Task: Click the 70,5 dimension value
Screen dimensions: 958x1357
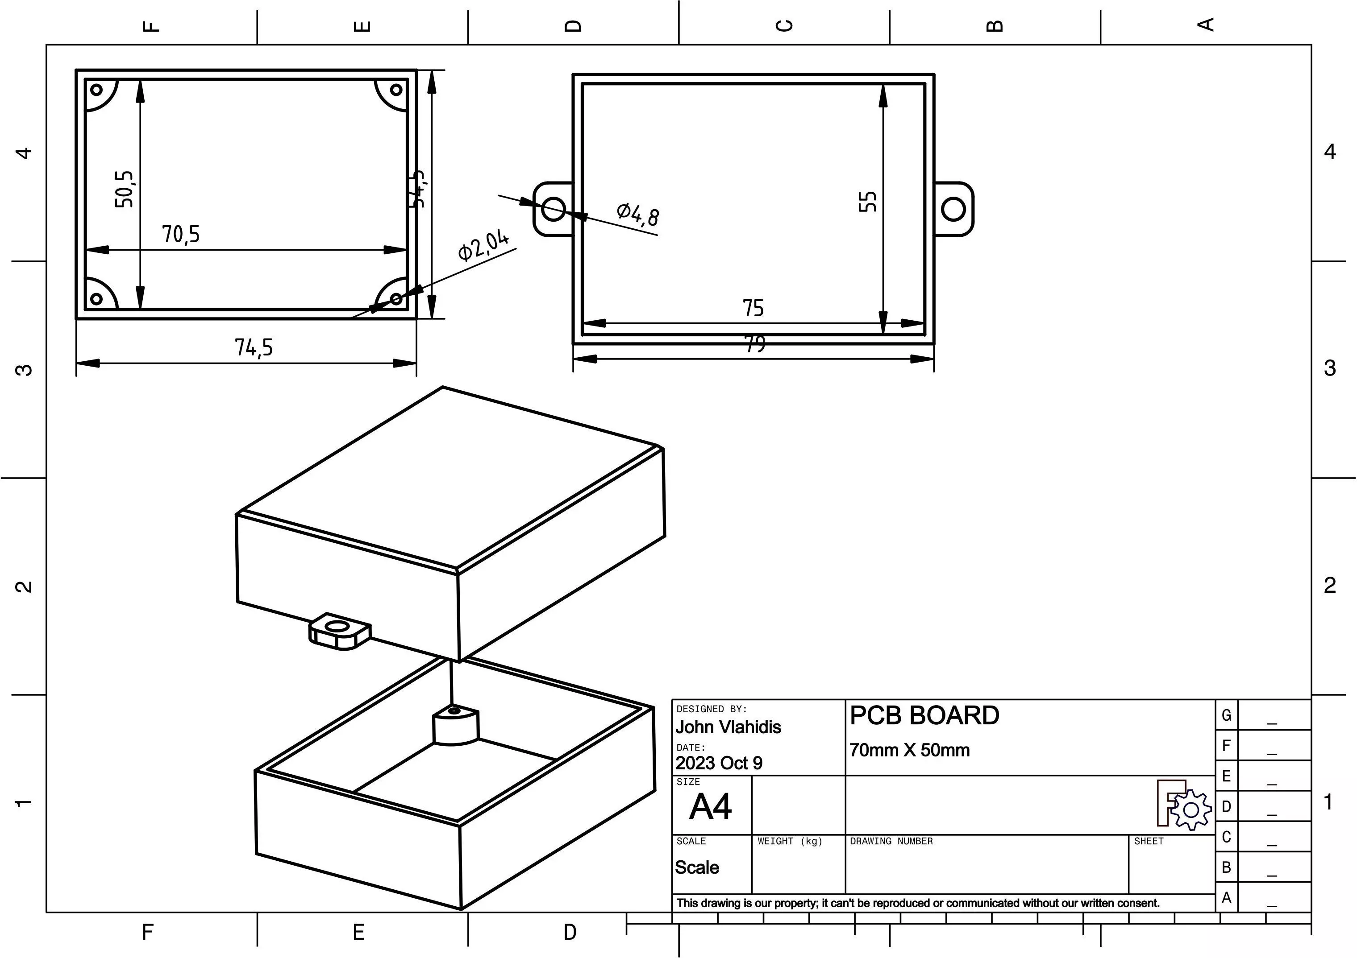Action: (x=181, y=235)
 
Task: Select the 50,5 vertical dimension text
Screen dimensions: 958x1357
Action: (x=125, y=189)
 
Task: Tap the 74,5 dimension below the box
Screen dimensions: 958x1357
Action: (x=254, y=347)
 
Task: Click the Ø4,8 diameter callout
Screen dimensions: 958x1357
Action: (x=638, y=214)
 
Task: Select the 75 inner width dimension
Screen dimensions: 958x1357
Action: (x=753, y=308)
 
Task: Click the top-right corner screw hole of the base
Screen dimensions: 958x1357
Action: (x=396, y=90)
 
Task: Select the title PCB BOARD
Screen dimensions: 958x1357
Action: (x=924, y=716)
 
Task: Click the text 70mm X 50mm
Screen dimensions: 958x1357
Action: (x=909, y=750)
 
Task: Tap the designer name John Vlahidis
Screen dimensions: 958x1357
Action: (x=728, y=727)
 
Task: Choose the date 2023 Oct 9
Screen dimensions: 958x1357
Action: (x=719, y=763)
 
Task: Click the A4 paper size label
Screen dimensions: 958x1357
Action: (x=710, y=806)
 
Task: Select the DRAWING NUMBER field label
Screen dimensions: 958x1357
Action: (x=891, y=841)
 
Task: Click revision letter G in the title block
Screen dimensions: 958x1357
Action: (x=1226, y=715)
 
